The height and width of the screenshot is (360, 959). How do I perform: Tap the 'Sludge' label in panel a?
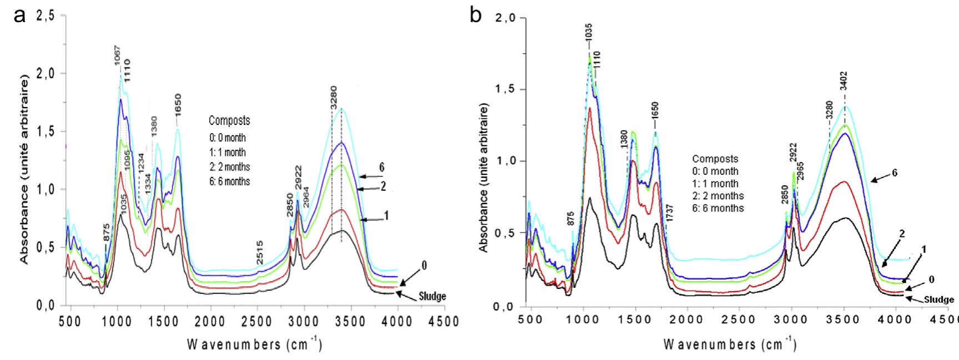coord(433,297)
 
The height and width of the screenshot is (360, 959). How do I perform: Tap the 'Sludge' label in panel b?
coord(939,300)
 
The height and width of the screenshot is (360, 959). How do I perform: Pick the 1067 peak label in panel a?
coord(118,55)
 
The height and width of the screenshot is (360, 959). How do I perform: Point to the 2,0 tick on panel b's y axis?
coord(503,19)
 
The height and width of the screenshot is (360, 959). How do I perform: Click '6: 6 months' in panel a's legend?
coord(229,181)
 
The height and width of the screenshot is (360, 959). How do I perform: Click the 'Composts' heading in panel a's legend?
coord(229,120)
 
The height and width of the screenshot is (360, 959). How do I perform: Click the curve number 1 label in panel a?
coord(386,214)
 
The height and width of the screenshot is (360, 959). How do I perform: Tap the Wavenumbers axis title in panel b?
coord(733,345)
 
